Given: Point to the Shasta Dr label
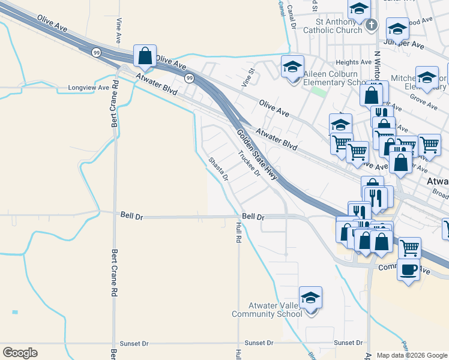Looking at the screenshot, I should tap(218, 169).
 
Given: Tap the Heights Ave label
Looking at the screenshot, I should tap(354, 62).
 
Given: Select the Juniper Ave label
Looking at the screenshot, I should tap(403, 44).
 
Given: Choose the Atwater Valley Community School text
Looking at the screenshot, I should tap(267, 310).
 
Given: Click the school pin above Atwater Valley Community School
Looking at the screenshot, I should tap(310, 298).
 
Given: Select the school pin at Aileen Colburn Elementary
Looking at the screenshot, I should tap(292, 66).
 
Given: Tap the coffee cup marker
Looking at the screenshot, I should tap(409, 269).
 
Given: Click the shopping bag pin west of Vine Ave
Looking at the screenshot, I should tap(145, 56).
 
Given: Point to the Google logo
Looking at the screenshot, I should tap(20, 353).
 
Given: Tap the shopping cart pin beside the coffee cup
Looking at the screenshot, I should tap(409, 247).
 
